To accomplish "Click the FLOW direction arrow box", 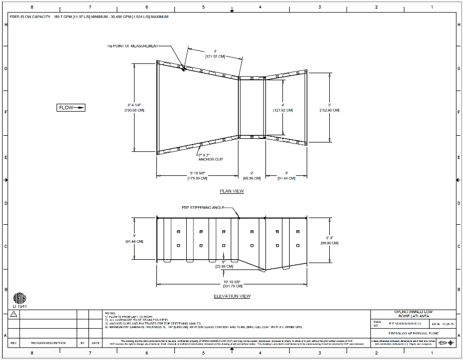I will point(71,107).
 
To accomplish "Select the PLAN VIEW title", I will point(232,191).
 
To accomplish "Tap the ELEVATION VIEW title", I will point(232,296).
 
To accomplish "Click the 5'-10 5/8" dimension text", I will point(198,173).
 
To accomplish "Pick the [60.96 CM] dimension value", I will point(252,178).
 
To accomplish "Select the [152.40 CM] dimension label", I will point(329,110).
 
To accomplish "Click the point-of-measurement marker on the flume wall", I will point(184,68).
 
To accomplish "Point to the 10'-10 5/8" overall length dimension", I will point(232,281).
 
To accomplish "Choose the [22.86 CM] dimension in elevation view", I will point(224,266).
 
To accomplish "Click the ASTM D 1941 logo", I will point(19,300).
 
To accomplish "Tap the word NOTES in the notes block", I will point(110,313).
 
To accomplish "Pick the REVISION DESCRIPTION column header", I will point(48,343).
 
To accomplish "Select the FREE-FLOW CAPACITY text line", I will point(89,17).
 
